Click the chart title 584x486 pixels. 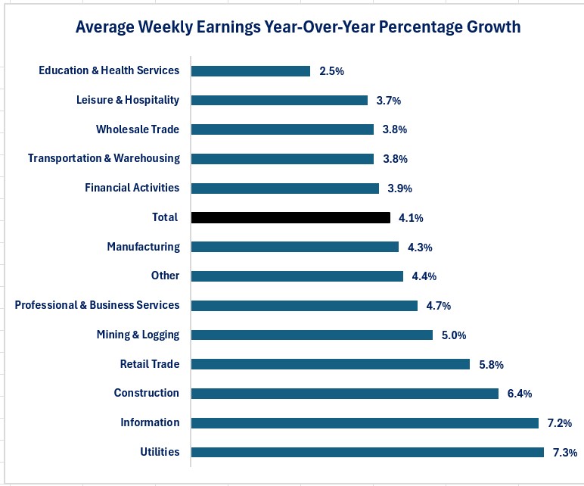coord(298,27)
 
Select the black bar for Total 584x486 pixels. coord(290,217)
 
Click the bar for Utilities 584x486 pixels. coord(367,452)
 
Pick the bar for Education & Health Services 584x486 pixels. coord(250,70)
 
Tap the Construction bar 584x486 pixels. coord(344,393)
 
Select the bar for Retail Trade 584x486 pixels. coord(330,364)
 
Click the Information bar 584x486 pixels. coord(365,422)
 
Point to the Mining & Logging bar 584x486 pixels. coord(312,335)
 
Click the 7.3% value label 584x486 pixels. coord(564,452)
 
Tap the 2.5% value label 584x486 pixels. coord(331,71)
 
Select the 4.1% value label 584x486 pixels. coord(411,218)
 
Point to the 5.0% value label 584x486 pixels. coord(453,335)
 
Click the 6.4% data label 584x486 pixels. coord(519,394)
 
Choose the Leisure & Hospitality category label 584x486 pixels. coord(128,100)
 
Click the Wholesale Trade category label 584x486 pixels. coord(138,129)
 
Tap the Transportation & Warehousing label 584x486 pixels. coord(104,158)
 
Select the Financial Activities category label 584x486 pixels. coord(132,188)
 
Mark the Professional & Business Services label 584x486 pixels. coord(97,305)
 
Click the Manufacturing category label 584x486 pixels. coord(143,247)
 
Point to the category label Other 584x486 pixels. coord(165,276)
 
